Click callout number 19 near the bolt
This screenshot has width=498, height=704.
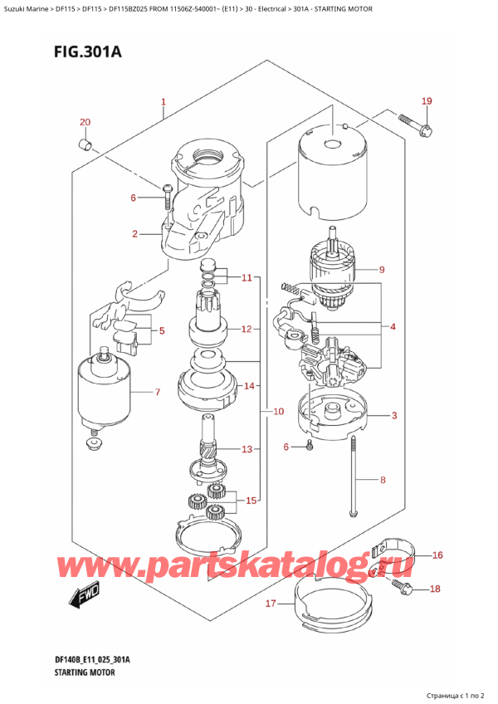point(426,101)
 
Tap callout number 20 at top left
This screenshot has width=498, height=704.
point(84,123)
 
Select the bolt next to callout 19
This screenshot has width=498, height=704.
point(412,126)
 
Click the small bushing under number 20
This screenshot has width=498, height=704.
point(84,147)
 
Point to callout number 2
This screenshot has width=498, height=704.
point(134,234)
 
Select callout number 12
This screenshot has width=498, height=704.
point(246,329)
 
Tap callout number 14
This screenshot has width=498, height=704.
point(250,386)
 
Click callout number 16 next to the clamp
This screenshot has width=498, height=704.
point(438,555)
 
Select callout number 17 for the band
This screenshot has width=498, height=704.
point(270,604)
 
